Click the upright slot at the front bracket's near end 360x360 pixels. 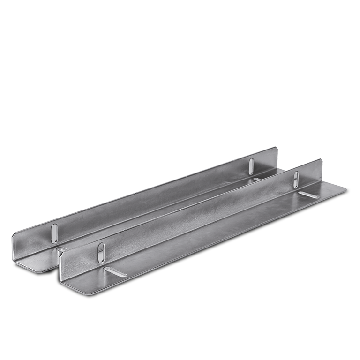pyautogui.click(x=101, y=252)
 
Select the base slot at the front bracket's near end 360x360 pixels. pyautogui.click(x=115, y=271)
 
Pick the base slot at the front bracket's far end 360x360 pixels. pyautogui.click(x=309, y=194)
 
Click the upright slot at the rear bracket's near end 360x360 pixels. pyautogui.click(x=54, y=233)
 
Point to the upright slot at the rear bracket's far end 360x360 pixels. pyautogui.click(x=251, y=166)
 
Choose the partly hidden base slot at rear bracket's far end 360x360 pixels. pyautogui.click(x=257, y=179)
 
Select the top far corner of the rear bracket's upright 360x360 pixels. pyautogui.click(x=277, y=148)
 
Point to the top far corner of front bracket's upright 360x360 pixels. pyautogui.click(x=322, y=160)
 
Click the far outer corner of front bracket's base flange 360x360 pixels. pyautogui.click(x=346, y=187)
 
